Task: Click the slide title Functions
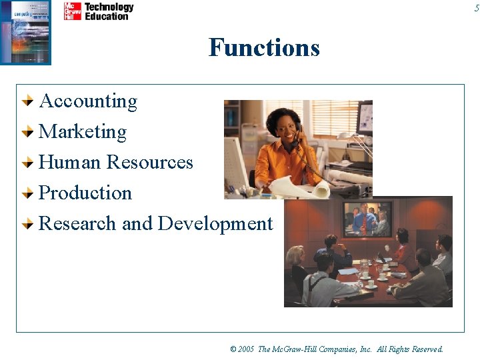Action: pyautogui.click(x=264, y=48)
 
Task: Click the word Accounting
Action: pyautogui.click(x=88, y=101)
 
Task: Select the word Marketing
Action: pyautogui.click(x=83, y=132)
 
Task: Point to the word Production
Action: pyautogui.click(x=85, y=193)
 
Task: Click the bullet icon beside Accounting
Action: pyautogui.click(x=27, y=102)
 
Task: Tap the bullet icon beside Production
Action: pyautogui.click(x=27, y=194)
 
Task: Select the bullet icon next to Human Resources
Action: pyautogui.click(x=27, y=163)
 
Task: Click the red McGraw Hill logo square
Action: pyautogui.click(x=72, y=11)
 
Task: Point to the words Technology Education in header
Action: pyautogui.click(x=109, y=11)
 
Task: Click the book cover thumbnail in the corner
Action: pyautogui.click(x=25, y=32)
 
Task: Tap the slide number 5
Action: pyautogui.click(x=476, y=7)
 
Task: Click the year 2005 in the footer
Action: pyautogui.click(x=247, y=349)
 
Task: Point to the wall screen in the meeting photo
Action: pyautogui.click(x=367, y=219)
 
